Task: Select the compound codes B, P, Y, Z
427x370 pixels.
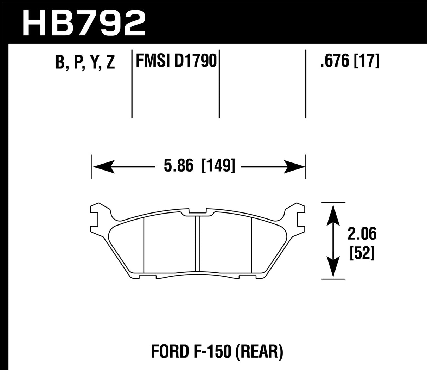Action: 85,62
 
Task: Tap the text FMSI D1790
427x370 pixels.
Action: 175,61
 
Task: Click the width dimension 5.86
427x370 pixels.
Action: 178,165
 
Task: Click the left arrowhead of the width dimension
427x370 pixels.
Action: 102,165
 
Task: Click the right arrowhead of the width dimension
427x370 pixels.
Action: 294,165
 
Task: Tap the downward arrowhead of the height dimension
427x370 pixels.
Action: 333,268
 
